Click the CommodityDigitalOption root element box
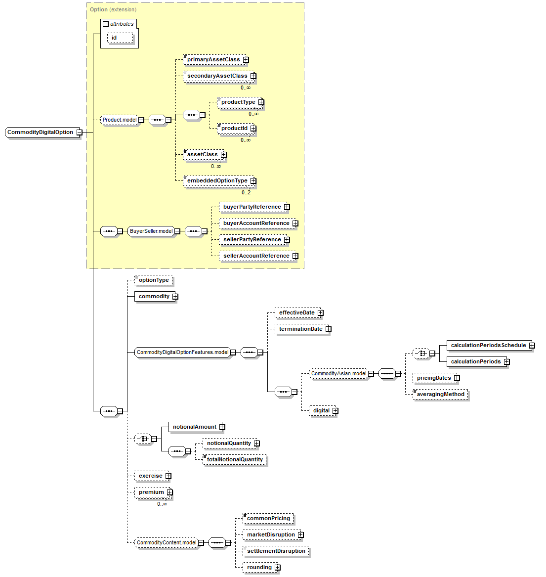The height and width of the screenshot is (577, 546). click(41, 133)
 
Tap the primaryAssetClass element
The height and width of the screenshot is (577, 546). click(213, 60)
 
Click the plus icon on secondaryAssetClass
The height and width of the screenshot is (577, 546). click(253, 76)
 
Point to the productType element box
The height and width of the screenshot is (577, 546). click(238, 102)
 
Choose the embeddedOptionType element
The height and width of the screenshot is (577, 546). click(217, 181)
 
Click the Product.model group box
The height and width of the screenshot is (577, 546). click(120, 120)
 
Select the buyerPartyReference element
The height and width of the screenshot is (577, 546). click(252, 207)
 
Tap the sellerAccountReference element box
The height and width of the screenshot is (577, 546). click(256, 256)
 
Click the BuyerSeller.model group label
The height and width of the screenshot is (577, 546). click(151, 231)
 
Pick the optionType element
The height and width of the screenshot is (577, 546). click(154, 280)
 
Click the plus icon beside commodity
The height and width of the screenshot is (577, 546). click(175, 297)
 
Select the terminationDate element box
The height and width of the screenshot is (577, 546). click(300, 329)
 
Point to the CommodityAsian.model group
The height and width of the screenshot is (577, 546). click(338, 374)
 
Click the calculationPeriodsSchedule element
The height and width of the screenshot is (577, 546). click(488, 346)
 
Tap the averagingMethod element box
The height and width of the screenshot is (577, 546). click(440, 395)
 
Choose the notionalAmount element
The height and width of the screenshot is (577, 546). click(194, 427)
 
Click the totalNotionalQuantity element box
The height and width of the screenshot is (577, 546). click(235, 460)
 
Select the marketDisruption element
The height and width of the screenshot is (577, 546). click(271, 535)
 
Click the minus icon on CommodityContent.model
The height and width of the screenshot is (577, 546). click(201, 543)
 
